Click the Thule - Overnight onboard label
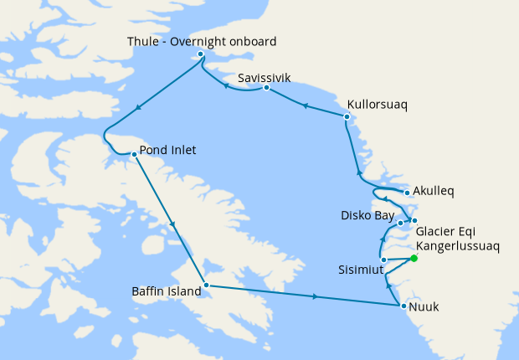(202, 41)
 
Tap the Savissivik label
(264, 78)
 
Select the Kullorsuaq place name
(377, 106)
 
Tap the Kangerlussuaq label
(458, 247)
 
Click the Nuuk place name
(424, 307)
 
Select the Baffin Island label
(167, 291)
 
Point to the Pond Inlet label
(167, 151)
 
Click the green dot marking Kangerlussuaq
(414, 258)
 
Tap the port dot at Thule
(200, 55)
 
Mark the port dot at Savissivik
(266, 88)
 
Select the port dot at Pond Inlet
(134, 154)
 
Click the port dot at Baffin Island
(206, 286)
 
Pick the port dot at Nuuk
(403, 306)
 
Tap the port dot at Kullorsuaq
(347, 116)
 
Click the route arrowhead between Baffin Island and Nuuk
(315, 296)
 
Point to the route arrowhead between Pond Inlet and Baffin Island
(173, 224)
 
